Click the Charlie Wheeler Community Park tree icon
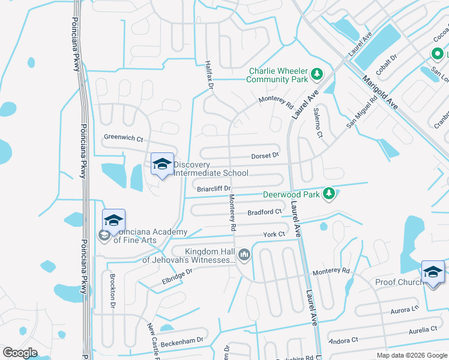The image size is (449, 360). (x=317, y=75)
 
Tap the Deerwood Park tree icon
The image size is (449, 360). (x=328, y=193)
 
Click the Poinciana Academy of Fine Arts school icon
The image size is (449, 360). (x=113, y=221)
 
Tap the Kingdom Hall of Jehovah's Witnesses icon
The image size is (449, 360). (x=244, y=256)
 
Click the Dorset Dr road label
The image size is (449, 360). (x=265, y=155)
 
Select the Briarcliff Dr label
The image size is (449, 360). (x=214, y=189)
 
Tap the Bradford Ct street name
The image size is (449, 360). (x=265, y=212)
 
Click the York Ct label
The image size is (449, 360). (x=273, y=235)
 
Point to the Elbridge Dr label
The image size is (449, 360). (x=176, y=271)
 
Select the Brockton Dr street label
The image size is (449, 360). (x=112, y=291)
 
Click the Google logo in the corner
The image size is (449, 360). (x=20, y=352)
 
